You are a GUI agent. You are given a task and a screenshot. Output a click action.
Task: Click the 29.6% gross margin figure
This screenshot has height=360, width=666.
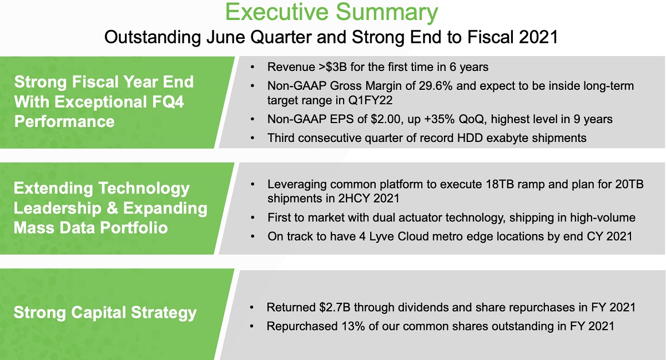[x=436, y=86]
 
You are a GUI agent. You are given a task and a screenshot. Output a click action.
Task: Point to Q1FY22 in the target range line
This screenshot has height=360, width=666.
[x=370, y=100]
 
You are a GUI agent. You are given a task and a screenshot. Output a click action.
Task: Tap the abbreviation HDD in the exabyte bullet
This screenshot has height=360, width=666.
[x=470, y=138]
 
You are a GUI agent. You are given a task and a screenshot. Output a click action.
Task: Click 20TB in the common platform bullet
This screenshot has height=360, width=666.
[x=629, y=184]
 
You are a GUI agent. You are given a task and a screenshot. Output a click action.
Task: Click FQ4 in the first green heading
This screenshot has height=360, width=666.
[x=168, y=102]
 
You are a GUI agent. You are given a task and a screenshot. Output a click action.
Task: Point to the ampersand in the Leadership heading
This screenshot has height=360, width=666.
[x=112, y=208]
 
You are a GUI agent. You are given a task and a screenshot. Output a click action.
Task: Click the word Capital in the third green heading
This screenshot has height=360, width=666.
[x=98, y=313]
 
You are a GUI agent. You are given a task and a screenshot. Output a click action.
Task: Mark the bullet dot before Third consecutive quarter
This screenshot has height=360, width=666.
[x=253, y=138]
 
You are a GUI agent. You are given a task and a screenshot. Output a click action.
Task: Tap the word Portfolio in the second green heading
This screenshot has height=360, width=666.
[x=134, y=228]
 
